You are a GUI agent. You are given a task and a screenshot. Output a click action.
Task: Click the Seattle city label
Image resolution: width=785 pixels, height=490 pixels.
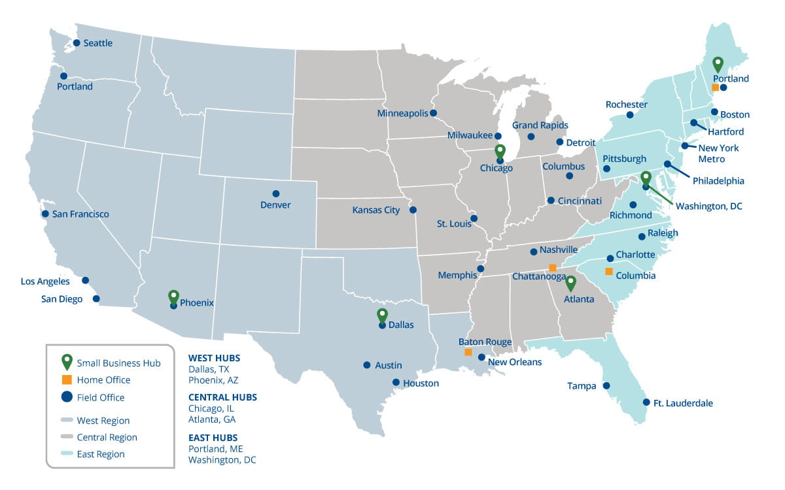pyautogui.click(x=98, y=43)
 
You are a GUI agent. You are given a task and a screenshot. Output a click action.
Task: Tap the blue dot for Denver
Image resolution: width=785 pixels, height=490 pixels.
pyautogui.click(x=276, y=193)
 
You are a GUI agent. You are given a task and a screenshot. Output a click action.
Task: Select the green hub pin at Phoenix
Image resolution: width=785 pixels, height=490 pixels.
pyautogui.click(x=173, y=297)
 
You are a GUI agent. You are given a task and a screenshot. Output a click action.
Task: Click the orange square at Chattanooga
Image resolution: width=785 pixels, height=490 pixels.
pyautogui.click(x=553, y=268)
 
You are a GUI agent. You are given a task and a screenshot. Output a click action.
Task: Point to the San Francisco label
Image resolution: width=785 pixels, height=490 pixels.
pyautogui.click(x=80, y=214)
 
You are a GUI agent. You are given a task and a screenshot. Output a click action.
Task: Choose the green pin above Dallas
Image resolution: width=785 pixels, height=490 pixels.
pyautogui.click(x=383, y=316)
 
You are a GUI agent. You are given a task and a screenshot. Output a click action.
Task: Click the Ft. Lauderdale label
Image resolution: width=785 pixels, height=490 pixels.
pyautogui.click(x=683, y=403)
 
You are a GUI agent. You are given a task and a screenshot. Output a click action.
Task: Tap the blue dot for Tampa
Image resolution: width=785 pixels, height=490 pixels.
pyautogui.click(x=606, y=385)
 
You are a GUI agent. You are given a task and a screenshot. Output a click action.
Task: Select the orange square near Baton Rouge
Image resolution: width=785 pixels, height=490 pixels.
pyautogui.click(x=468, y=352)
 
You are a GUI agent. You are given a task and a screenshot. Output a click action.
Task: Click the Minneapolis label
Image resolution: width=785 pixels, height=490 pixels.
pyautogui.click(x=402, y=113)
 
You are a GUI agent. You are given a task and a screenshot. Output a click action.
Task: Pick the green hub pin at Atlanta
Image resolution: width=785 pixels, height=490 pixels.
pyautogui.click(x=570, y=282)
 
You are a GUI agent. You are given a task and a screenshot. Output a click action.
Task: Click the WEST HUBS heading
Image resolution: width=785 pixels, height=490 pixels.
pyautogui.click(x=214, y=358)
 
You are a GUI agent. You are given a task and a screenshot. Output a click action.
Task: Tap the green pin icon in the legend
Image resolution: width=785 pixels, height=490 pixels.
pyautogui.click(x=66, y=362)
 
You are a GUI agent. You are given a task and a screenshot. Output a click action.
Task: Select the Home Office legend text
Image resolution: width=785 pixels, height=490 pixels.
pyautogui.click(x=103, y=380)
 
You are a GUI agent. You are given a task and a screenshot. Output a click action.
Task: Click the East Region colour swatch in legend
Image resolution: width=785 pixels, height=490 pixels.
pyautogui.click(x=66, y=454)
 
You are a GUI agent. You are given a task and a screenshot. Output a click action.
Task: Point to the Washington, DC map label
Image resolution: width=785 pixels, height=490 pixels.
pyautogui.click(x=709, y=206)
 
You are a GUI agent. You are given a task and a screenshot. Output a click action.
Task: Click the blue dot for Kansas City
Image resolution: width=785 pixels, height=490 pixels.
pyautogui.click(x=413, y=210)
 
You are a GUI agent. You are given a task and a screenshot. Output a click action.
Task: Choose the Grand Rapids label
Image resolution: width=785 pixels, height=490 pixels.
pyautogui.click(x=540, y=125)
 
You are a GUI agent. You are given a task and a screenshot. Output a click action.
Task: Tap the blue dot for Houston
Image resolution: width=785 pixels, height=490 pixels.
pyautogui.click(x=396, y=382)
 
